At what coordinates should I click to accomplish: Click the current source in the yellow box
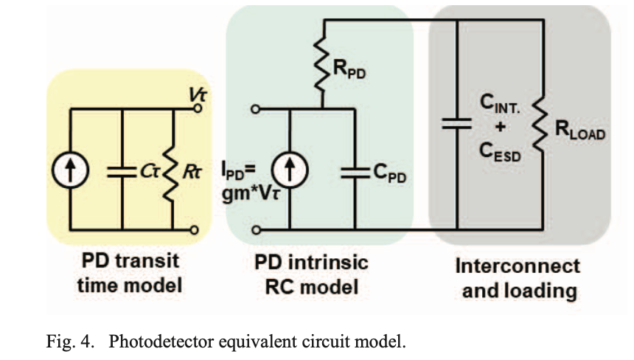tap(72, 171)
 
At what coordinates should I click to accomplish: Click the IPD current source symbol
tap(288, 171)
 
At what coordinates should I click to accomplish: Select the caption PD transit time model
tap(129, 273)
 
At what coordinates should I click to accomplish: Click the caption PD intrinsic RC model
tap(310, 274)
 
